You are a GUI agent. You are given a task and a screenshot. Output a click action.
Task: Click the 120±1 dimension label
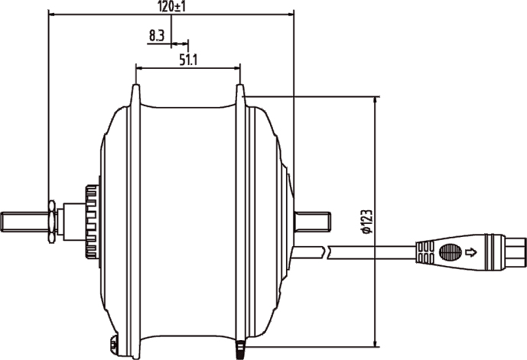coord(171,7)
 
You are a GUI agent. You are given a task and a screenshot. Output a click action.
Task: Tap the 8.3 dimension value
coord(157,35)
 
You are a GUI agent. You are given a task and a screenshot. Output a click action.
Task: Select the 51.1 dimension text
coord(188,60)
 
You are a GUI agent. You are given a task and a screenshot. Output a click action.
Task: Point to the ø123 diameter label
coord(367,222)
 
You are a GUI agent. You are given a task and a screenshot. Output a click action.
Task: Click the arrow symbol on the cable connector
coord(471,252)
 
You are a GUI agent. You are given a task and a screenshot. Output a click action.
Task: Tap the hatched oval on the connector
coord(451,252)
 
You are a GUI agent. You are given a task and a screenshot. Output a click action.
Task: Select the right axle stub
coord(313,222)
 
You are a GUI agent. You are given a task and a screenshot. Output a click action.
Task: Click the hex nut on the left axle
coord(52,222)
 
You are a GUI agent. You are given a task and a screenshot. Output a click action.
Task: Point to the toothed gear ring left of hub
coord(92,222)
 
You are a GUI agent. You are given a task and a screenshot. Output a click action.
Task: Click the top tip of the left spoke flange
coord(135,86)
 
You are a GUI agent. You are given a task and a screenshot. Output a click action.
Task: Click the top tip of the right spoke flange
coord(240,86)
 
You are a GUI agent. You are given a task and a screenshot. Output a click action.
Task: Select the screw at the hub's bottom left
coord(114,344)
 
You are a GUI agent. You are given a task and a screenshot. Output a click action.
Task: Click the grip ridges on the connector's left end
coord(425,252)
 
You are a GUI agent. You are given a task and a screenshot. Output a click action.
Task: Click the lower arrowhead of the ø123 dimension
coord(375,343)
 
